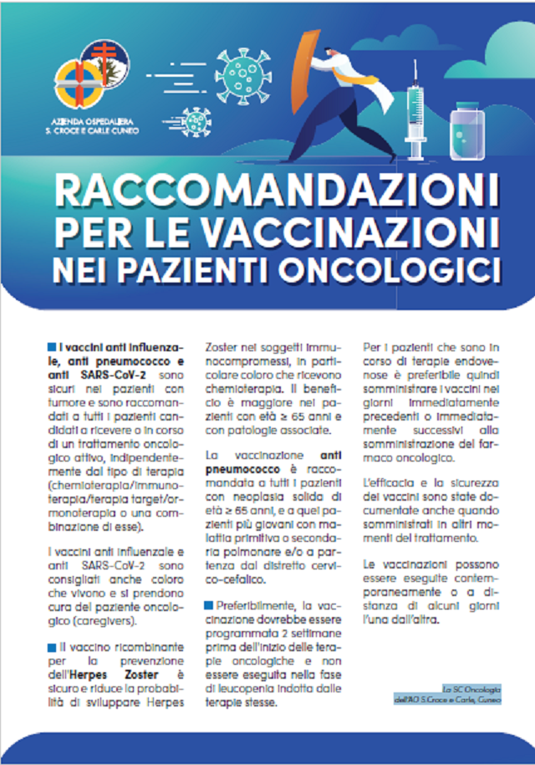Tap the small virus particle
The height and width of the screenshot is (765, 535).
tap(198, 122)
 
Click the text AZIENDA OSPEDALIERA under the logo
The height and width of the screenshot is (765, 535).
tap(92, 120)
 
